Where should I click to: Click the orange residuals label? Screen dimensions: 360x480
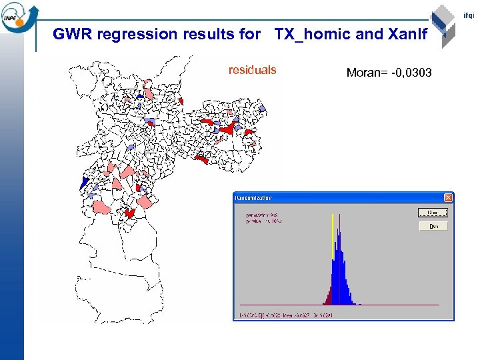pyautogui.click(x=252, y=70)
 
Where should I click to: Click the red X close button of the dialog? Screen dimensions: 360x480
pyautogui.click(x=448, y=198)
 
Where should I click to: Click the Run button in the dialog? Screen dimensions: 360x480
pyautogui.click(x=433, y=226)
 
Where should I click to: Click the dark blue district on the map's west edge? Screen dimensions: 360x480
pyautogui.click(x=84, y=182)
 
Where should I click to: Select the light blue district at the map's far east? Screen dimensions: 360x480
pyautogui.click(x=262, y=108)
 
